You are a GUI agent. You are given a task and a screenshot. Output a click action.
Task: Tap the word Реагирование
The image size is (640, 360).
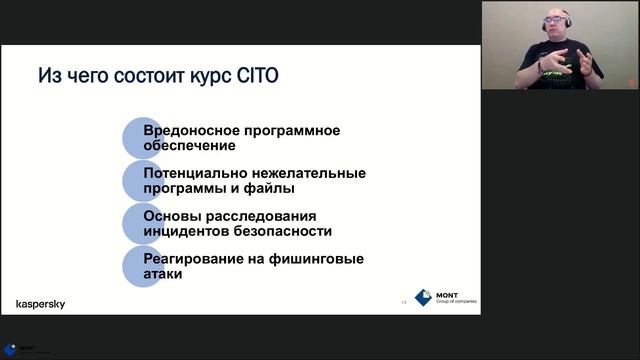(x=191, y=259)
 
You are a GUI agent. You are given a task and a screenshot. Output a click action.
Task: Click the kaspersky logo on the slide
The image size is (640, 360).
(x=41, y=304)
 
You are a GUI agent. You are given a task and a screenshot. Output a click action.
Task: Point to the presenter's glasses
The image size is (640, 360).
(x=555, y=21)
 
